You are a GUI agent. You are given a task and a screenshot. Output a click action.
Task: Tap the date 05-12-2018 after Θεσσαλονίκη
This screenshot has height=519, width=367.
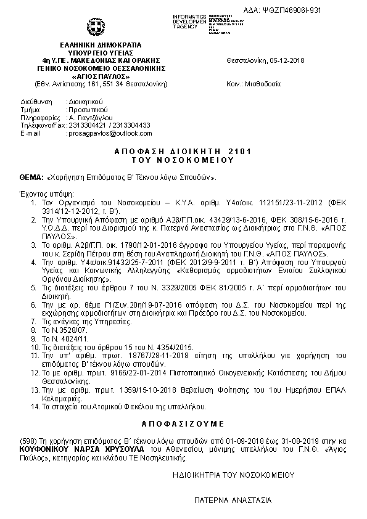[x=287, y=60]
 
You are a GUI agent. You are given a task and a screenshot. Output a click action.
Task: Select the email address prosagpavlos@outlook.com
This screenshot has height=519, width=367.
[x=101, y=133]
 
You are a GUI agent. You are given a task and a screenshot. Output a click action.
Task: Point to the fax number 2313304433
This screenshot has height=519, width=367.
[x=131, y=125]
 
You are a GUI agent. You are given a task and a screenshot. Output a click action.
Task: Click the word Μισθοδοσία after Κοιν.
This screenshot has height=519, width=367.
[x=263, y=83]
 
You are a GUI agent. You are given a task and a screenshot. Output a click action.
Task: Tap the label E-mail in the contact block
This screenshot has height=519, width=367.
[x=30, y=133]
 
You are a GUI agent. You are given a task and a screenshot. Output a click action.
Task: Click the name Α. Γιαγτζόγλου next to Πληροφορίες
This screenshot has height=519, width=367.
[x=92, y=116]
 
